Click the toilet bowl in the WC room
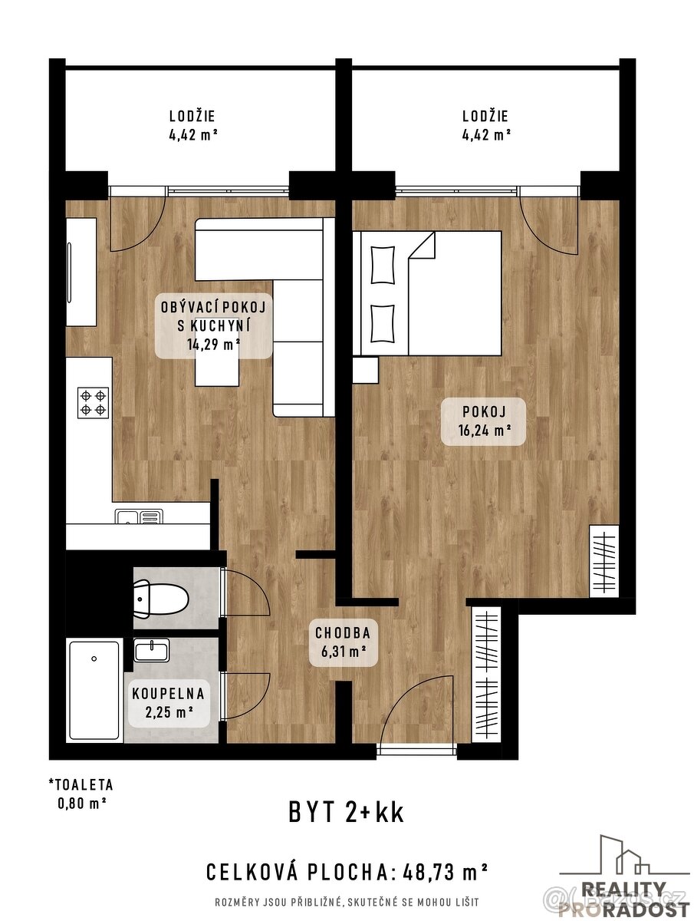pos(163,598)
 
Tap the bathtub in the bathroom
pos(94,688)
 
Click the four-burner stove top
pos(93,402)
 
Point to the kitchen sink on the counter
pos(140,517)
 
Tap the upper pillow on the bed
pos(382,264)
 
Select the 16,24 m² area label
pos(483,431)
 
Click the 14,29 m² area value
pos(214,344)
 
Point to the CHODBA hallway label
pos(343,633)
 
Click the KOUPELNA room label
pos(168,693)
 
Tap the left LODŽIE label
pos(192,117)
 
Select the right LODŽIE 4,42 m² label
pos(485,125)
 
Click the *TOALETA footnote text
pos(80,785)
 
